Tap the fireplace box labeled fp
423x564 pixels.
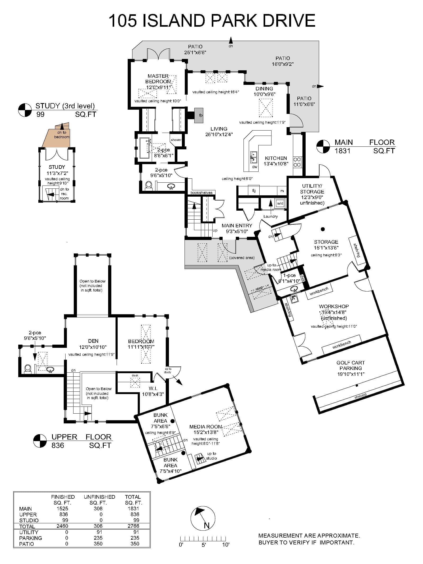point(199,115)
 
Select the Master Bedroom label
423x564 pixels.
point(158,79)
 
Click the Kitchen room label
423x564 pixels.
point(276,158)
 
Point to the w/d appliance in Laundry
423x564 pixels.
point(280,203)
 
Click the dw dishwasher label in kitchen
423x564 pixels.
point(255,167)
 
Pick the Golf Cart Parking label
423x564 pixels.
point(351,365)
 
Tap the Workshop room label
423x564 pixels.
point(334,306)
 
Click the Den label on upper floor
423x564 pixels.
point(93,341)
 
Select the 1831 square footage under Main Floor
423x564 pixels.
point(343,151)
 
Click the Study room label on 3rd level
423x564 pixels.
point(57,167)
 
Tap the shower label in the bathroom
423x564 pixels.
point(176,140)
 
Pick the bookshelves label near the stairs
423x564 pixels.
point(201,193)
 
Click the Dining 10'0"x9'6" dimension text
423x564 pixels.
point(264,94)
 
